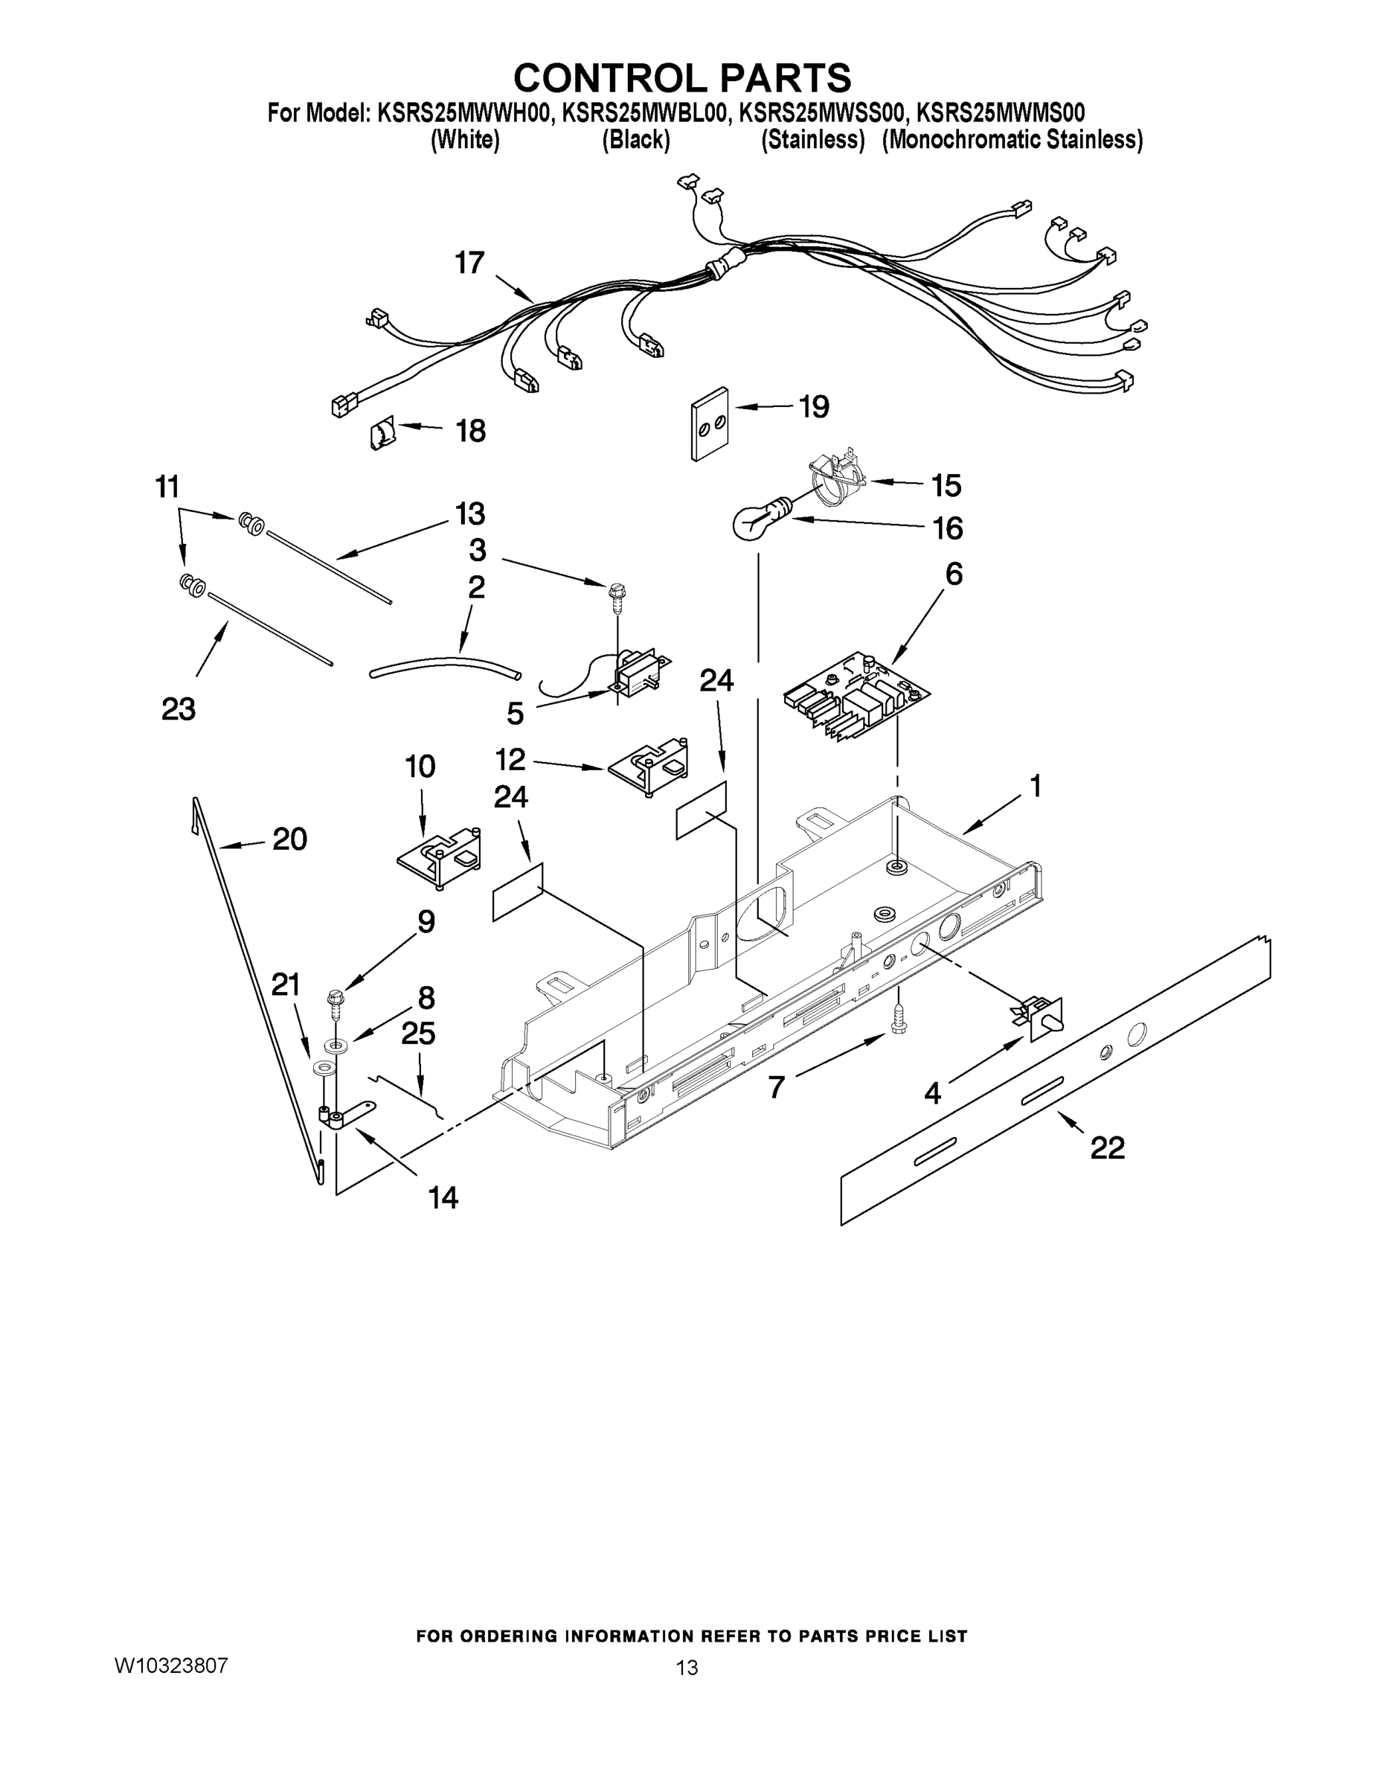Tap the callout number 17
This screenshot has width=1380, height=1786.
point(470,263)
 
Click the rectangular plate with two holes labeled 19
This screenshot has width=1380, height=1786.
point(710,423)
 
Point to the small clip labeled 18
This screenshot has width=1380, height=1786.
point(382,432)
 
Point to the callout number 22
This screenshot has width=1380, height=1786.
point(1107,1148)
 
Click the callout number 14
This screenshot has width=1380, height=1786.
point(443,1198)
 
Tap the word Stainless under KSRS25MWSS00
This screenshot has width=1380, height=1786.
point(812,140)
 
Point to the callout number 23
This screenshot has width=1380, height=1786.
point(179,708)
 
